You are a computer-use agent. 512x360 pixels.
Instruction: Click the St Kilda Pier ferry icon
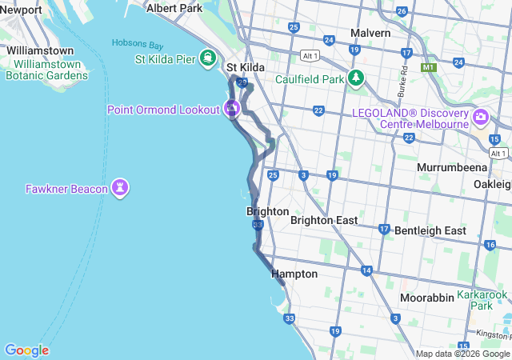(x=208, y=58)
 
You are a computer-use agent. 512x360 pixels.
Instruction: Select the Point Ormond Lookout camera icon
(x=233, y=108)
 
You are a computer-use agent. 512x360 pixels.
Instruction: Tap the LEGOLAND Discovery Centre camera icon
(x=481, y=118)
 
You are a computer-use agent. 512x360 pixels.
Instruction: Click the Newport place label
(x=22, y=10)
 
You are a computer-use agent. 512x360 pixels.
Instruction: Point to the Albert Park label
(x=174, y=8)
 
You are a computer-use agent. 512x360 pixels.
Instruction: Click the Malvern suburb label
(x=370, y=33)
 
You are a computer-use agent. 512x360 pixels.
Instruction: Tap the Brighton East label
(x=323, y=220)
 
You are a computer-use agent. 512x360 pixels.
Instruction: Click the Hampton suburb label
(x=294, y=274)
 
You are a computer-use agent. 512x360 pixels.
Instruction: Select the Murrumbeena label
(x=447, y=168)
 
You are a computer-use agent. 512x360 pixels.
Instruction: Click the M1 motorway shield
(x=429, y=69)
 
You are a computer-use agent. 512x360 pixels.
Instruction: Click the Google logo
(x=26, y=350)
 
